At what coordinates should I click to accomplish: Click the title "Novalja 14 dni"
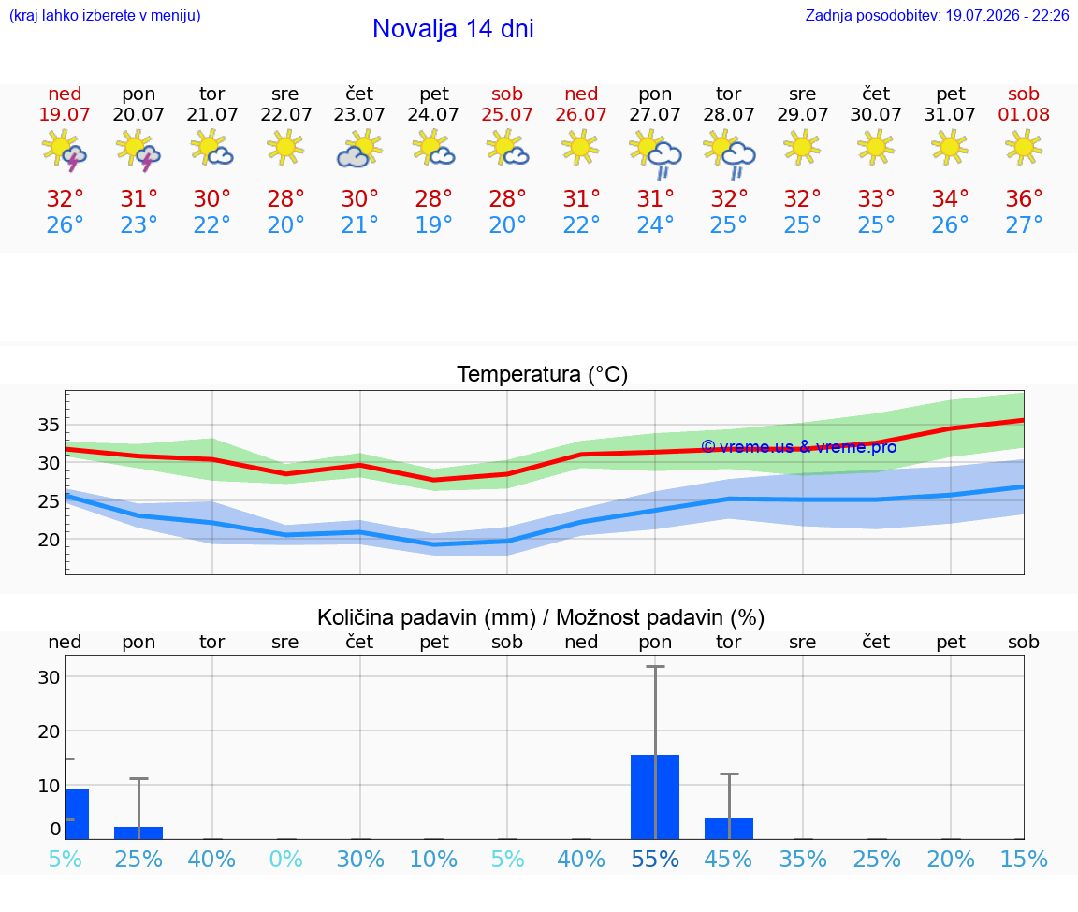[x=453, y=29]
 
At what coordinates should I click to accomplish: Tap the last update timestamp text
[x=937, y=15]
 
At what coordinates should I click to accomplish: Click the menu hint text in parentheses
[x=105, y=15]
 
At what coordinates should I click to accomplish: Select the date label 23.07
[x=359, y=114]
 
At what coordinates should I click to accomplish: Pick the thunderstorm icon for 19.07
[x=64, y=150]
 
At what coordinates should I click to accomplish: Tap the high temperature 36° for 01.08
[x=1024, y=198]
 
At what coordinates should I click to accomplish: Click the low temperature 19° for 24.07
[x=433, y=224]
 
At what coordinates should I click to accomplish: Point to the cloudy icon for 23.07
[x=359, y=149]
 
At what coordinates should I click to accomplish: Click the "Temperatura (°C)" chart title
[x=543, y=374]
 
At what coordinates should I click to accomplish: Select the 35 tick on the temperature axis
[x=49, y=425]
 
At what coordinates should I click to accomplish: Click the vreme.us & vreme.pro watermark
[x=799, y=447]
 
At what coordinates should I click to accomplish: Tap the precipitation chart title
[x=541, y=617]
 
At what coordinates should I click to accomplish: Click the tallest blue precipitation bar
[x=655, y=797]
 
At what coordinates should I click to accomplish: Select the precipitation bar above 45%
[x=729, y=828]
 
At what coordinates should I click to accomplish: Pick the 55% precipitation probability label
[x=654, y=859]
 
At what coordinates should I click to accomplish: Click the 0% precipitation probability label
[x=286, y=859]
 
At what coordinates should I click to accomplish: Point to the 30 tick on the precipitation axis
[x=49, y=677]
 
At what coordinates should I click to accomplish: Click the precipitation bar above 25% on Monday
[x=138, y=833]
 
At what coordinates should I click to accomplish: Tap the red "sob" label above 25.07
[x=507, y=94]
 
